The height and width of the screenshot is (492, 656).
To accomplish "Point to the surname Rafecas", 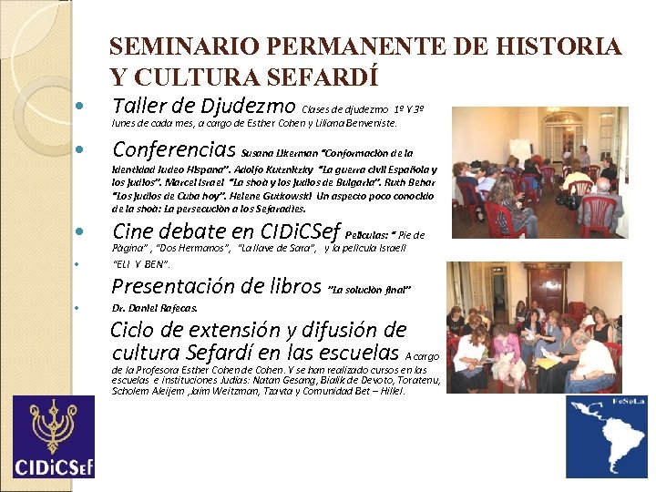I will click(x=177, y=308).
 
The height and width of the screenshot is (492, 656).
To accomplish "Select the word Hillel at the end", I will click(x=391, y=391).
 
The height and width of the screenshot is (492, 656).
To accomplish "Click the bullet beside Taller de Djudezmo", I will click(x=79, y=106).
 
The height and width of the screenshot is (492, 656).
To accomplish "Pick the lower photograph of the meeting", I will click(x=533, y=326).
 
